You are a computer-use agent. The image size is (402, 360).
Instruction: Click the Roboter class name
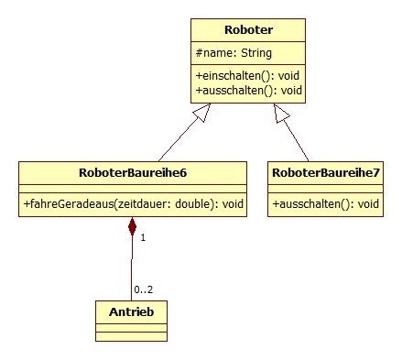click(247, 30)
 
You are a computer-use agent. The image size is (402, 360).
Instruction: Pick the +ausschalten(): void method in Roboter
click(248, 91)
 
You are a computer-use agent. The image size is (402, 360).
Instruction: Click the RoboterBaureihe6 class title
click(133, 171)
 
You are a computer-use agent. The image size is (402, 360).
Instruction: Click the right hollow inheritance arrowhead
click(281, 112)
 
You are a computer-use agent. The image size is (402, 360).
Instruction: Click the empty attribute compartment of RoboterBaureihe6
click(133, 187)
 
